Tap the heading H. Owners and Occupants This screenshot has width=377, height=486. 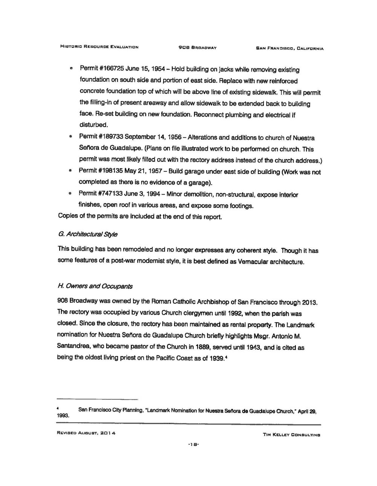point(95,286)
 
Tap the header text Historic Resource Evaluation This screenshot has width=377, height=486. point(100,47)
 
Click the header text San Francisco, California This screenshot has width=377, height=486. point(289,48)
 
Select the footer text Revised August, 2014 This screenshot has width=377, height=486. point(86,434)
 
